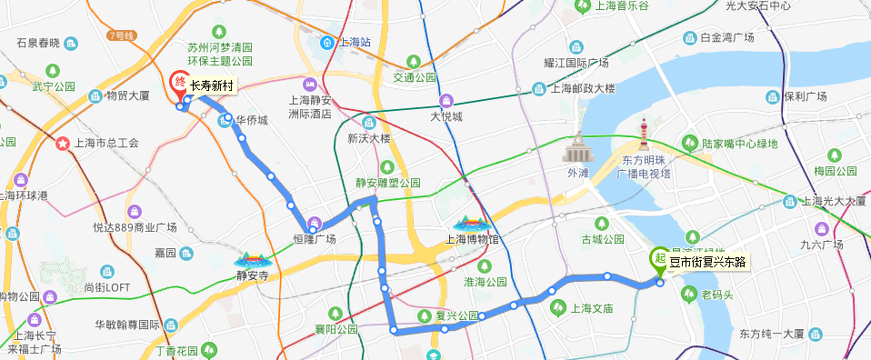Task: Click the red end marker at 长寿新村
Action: click(x=180, y=84)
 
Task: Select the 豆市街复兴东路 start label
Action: click(x=707, y=263)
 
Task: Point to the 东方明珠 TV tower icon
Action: click(x=645, y=136)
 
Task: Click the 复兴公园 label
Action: click(x=457, y=316)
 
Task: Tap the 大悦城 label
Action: click(x=446, y=116)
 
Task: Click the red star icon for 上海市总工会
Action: click(x=63, y=143)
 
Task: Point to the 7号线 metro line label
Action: click(x=120, y=35)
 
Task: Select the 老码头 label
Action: click(x=716, y=295)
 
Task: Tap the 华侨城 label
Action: click(x=252, y=120)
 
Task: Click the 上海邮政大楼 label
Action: click(x=584, y=88)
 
